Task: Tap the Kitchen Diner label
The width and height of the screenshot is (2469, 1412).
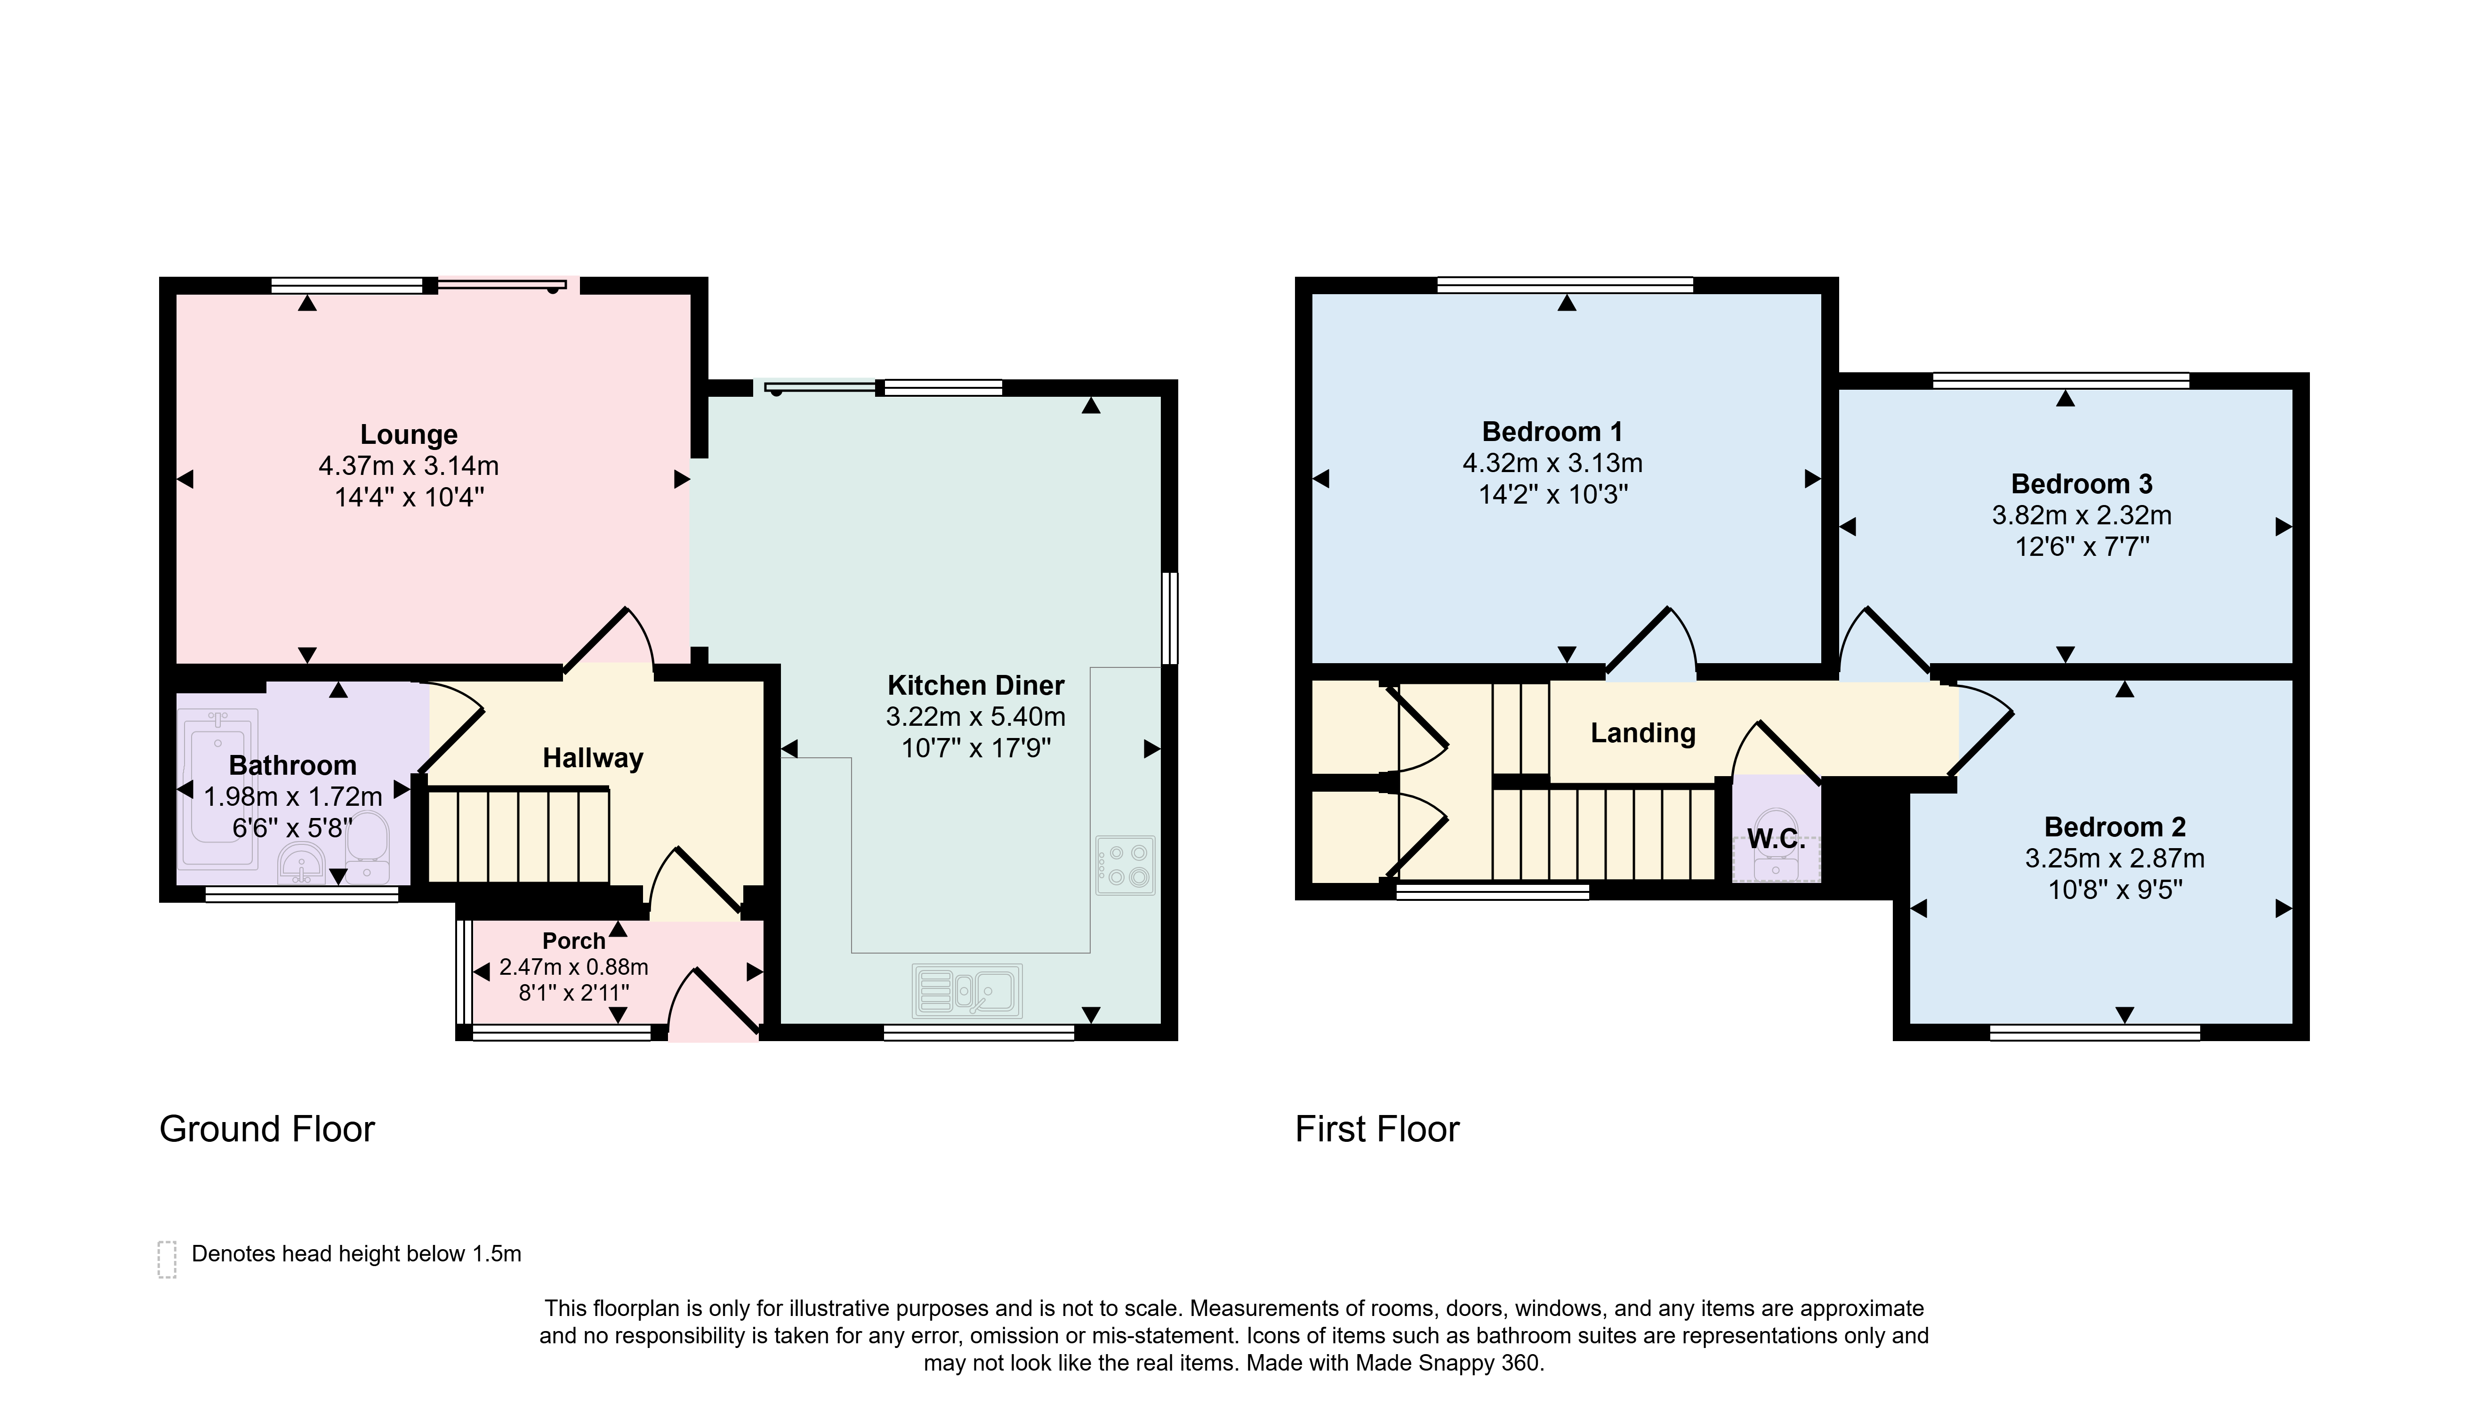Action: (x=975, y=686)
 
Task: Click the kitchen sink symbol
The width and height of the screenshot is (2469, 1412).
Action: (x=967, y=990)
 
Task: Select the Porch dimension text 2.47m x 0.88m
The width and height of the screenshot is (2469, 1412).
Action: (x=574, y=967)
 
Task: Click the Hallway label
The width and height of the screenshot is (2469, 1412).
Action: (x=593, y=758)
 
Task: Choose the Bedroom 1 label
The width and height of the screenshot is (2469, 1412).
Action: (x=1552, y=432)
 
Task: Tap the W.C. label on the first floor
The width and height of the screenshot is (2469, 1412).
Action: (x=1777, y=840)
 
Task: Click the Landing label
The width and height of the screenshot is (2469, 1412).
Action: (x=1643, y=733)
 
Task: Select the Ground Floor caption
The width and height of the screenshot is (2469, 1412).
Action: (x=267, y=1129)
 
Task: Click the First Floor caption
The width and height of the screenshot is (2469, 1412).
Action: (x=1377, y=1129)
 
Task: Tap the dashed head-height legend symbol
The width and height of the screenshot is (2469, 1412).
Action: (x=167, y=1260)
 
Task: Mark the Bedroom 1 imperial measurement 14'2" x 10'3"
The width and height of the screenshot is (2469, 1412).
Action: (x=1552, y=495)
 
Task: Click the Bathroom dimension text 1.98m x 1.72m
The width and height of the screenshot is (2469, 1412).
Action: (x=293, y=797)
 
